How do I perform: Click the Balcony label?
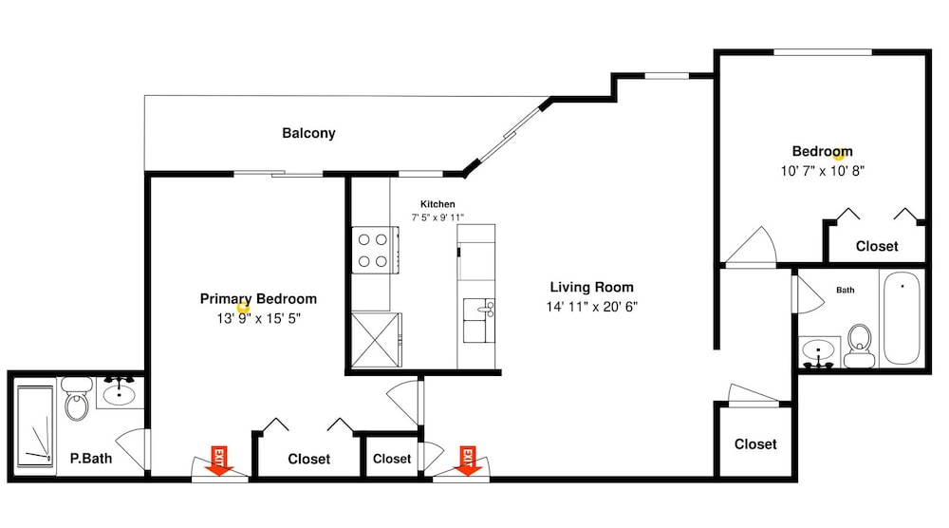coord(308,133)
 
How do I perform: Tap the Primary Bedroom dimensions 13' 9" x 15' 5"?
coord(258,318)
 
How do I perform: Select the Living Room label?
coord(592,287)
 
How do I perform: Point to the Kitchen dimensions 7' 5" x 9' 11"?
coord(437,217)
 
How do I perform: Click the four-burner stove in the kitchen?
coord(375,250)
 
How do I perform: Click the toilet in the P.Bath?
coord(77,399)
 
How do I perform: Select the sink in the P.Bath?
coord(120,392)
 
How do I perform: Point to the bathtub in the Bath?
coord(902,318)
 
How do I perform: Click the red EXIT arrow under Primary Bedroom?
coord(218,462)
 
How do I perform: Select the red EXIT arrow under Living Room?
coord(467,462)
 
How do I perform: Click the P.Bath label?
coord(91,459)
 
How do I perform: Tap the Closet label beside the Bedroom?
coord(877,247)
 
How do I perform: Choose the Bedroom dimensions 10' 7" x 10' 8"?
coord(823,171)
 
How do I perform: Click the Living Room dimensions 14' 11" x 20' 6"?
coord(592,307)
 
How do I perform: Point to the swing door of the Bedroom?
coord(751,247)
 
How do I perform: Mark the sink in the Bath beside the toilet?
coord(818,352)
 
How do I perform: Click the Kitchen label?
coord(437,204)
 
